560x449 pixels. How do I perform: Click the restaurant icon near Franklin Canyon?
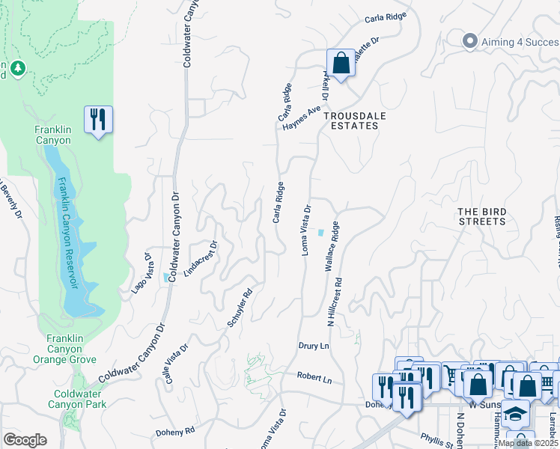[x=98, y=120]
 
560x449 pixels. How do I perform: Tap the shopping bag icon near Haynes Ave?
[x=341, y=64]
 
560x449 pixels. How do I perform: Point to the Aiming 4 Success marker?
[x=470, y=40]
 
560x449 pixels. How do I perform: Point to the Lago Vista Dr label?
[x=142, y=272]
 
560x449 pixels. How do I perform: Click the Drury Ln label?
[x=314, y=346]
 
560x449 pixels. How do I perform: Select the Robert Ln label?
[x=314, y=378]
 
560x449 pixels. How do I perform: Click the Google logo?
[x=25, y=440]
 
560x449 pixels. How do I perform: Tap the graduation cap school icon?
[x=516, y=413]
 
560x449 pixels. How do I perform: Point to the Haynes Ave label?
[x=302, y=117]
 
